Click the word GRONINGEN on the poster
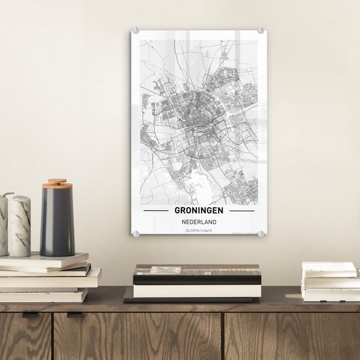coord(199,211)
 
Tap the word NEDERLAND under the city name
coord(199,221)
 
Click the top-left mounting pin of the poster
coord(136,30)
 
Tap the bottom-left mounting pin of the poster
coord(136,234)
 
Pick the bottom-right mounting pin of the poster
coord(261,234)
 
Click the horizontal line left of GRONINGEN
coord(156,211)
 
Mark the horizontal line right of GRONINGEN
coord(242,211)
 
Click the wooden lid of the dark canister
coord(57,183)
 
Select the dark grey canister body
coord(57,223)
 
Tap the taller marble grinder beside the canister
coord(20,225)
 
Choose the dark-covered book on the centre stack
coord(196,274)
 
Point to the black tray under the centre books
coord(190,299)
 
